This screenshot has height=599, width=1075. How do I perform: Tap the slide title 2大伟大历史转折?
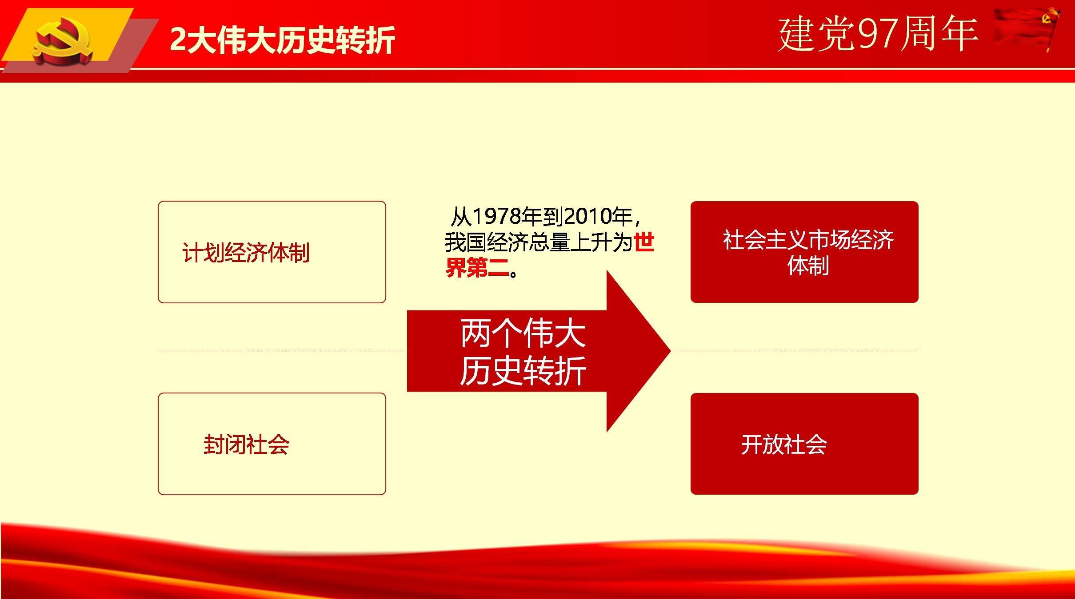(283, 40)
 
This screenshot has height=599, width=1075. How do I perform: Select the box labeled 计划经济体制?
(272, 252)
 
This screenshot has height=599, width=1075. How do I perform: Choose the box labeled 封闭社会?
(272, 444)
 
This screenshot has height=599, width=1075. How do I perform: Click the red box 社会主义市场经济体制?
(804, 252)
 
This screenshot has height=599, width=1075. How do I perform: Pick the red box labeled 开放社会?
(804, 444)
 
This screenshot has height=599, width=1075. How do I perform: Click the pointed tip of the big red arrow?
(670, 351)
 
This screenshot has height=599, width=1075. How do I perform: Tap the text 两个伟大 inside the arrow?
(523, 333)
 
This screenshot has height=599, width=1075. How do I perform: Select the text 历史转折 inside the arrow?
(523, 370)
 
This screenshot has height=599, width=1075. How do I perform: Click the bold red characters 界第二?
(477, 268)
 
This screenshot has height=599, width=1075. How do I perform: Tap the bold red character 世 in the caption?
(644, 242)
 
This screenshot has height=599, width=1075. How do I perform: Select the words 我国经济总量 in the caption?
(508, 242)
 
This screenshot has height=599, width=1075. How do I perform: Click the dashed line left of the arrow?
(283, 351)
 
